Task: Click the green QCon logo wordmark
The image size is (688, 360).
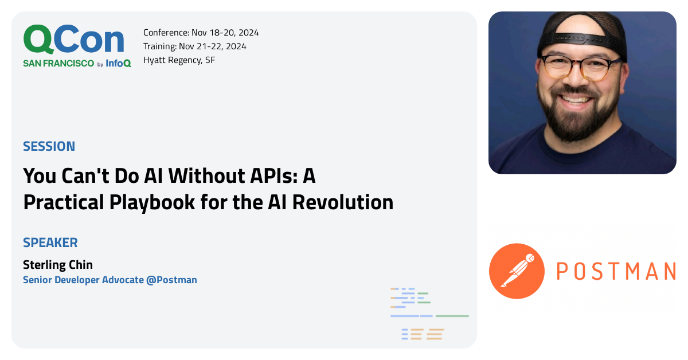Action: tap(73, 40)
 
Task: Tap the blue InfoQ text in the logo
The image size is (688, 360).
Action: tap(118, 64)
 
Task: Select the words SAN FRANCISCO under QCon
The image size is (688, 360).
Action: tap(58, 64)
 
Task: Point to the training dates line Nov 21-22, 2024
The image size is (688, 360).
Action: tap(221, 46)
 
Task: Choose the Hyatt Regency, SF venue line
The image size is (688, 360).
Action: tap(179, 60)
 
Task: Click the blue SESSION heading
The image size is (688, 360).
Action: tap(49, 146)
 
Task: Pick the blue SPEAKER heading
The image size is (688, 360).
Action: tap(50, 242)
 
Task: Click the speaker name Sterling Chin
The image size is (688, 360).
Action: tap(57, 265)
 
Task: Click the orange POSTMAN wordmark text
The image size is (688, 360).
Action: tap(616, 271)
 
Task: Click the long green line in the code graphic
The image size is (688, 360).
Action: tap(452, 316)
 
